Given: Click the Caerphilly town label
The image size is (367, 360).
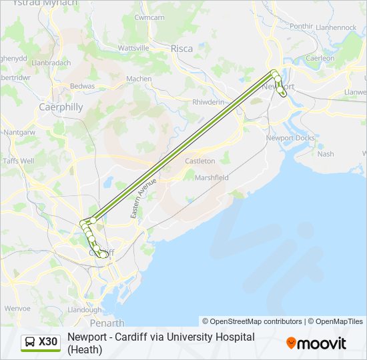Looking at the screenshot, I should (61, 107).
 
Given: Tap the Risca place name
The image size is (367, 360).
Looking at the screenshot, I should (181, 49).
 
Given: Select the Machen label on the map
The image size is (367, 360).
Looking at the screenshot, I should (139, 79).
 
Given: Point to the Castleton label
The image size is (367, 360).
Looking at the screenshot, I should (200, 161).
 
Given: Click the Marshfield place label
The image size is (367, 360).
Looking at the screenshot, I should (212, 178).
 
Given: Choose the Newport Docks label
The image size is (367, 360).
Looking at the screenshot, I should (290, 138).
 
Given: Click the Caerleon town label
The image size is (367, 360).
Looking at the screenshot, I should (320, 59).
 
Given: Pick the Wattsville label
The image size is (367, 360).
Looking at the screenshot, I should (133, 49).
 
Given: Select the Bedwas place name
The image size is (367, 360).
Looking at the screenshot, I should (82, 87).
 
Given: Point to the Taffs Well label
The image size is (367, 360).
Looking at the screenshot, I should (18, 161).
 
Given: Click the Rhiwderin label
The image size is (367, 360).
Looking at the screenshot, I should (208, 102).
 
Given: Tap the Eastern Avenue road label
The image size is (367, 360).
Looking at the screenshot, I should (143, 198).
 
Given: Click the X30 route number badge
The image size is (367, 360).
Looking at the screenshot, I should (48, 343).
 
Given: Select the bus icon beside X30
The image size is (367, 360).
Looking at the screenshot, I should (30, 343).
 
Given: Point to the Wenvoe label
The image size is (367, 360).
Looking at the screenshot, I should (17, 309).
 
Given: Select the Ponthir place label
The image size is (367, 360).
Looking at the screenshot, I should (302, 26).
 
